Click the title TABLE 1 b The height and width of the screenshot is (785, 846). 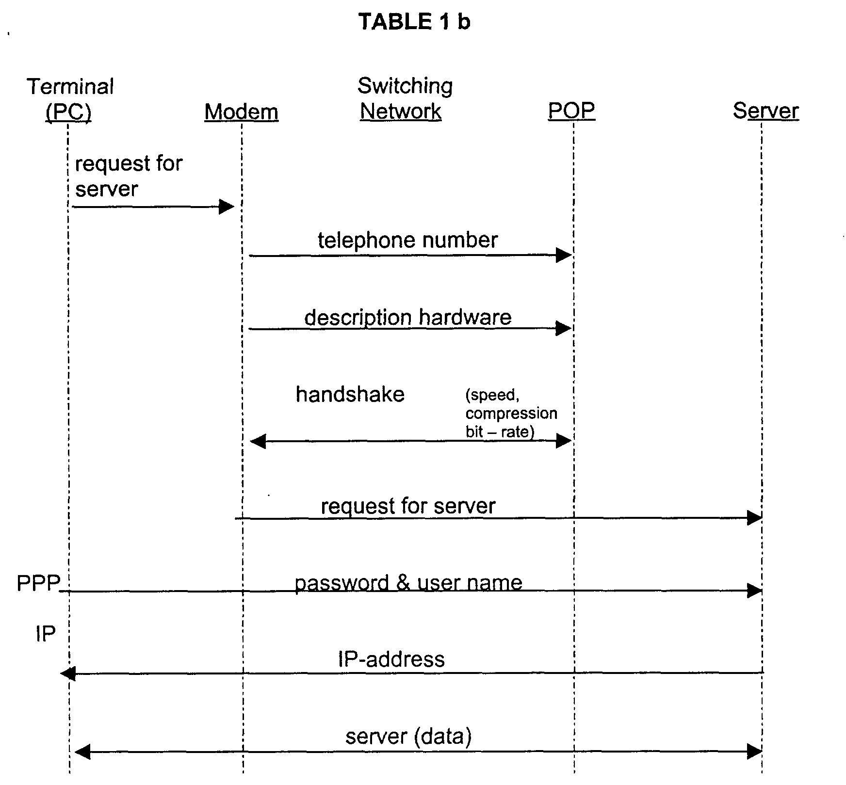pos(414,22)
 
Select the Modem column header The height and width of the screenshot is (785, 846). pos(241,112)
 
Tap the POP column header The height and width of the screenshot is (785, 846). pos(571,111)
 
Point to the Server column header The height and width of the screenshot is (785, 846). pos(765,111)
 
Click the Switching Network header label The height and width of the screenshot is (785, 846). pos(405,98)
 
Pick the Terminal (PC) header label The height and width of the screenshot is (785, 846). pos(70,99)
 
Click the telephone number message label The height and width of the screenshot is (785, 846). pos(407,240)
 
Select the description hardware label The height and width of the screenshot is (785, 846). pos(407,318)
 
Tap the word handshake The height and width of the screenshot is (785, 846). pos(350,394)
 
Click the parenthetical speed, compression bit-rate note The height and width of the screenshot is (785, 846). pos(511,413)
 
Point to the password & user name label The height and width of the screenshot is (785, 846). pos(408,583)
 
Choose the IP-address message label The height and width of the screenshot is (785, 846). pos(391,659)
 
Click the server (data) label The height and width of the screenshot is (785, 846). pos(408,736)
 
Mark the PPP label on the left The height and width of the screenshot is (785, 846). pos(38,583)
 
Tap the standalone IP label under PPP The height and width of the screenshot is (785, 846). pos(46,634)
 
